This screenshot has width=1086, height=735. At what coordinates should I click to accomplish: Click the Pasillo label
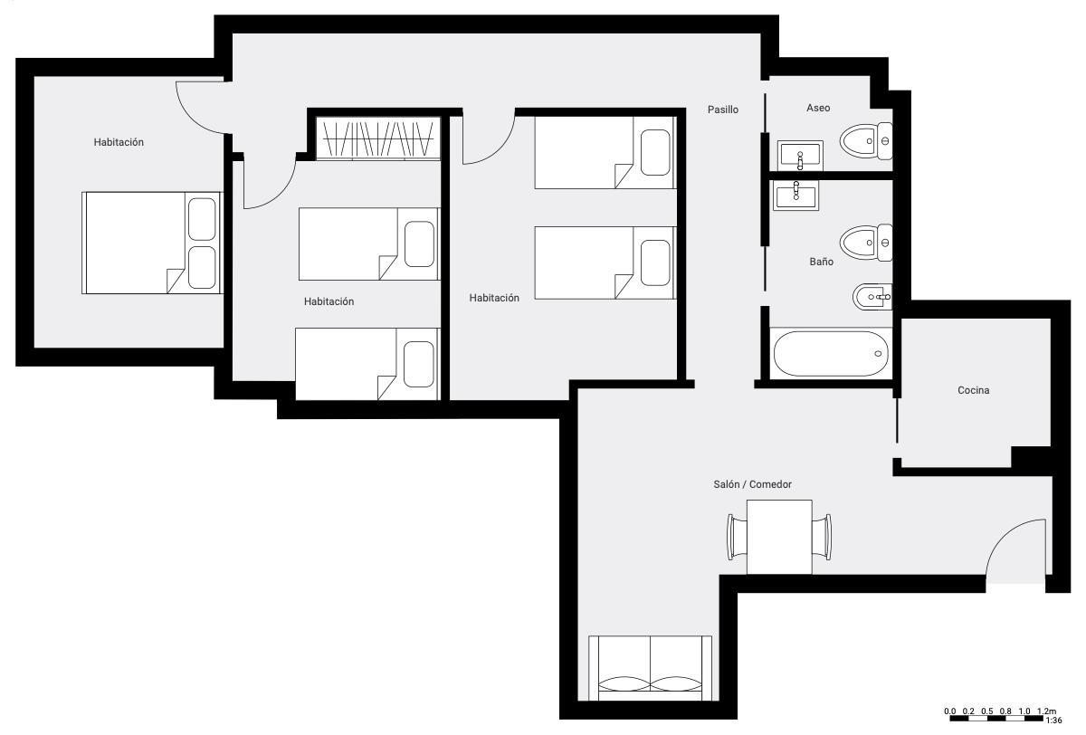pyautogui.click(x=722, y=110)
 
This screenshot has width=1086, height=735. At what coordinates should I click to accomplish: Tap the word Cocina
pyautogui.click(x=973, y=390)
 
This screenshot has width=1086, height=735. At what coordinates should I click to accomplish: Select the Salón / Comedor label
pyautogui.click(x=752, y=484)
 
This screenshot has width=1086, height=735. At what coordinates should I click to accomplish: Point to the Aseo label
pyautogui.click(x=818, y=108)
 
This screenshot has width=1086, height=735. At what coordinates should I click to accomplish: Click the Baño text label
pyautogui.click(x=821, y=262)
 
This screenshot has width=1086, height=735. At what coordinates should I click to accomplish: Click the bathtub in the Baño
pyautogui.click(x=831, y=353)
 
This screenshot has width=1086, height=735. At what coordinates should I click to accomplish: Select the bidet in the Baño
pyautogui.click(x=872, y=297)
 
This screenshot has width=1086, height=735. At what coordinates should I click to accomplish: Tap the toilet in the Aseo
pyautogui.click(x=866, y=141)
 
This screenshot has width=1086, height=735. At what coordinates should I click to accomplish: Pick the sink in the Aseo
pyautogui.click(x=800, y=156)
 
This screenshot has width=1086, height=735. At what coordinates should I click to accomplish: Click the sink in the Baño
pyautogui.click(x=795, y=196)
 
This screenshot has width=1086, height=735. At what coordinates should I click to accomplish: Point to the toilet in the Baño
pyautogui.click(x=866, y=243)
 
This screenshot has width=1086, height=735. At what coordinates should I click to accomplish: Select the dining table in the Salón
pyautogui.click(x=779, y=537)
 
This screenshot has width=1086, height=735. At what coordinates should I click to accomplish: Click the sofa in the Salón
pyautogui.click(x=650, y=668)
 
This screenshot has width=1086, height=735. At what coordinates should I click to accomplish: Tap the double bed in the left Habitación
pyautogui.click(x=152, y=243)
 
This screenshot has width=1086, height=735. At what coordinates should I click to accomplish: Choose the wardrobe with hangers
pyautogui.click(x=378, y=138)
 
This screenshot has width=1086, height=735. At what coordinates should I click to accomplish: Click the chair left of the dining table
pyautogui.click(x=737, y=537)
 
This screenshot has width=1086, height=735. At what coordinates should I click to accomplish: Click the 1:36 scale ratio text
pyautogui.click(x=1053, y=721)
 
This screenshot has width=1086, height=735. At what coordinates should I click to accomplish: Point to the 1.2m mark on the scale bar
pyautogui.click(x=1047, y=711)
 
